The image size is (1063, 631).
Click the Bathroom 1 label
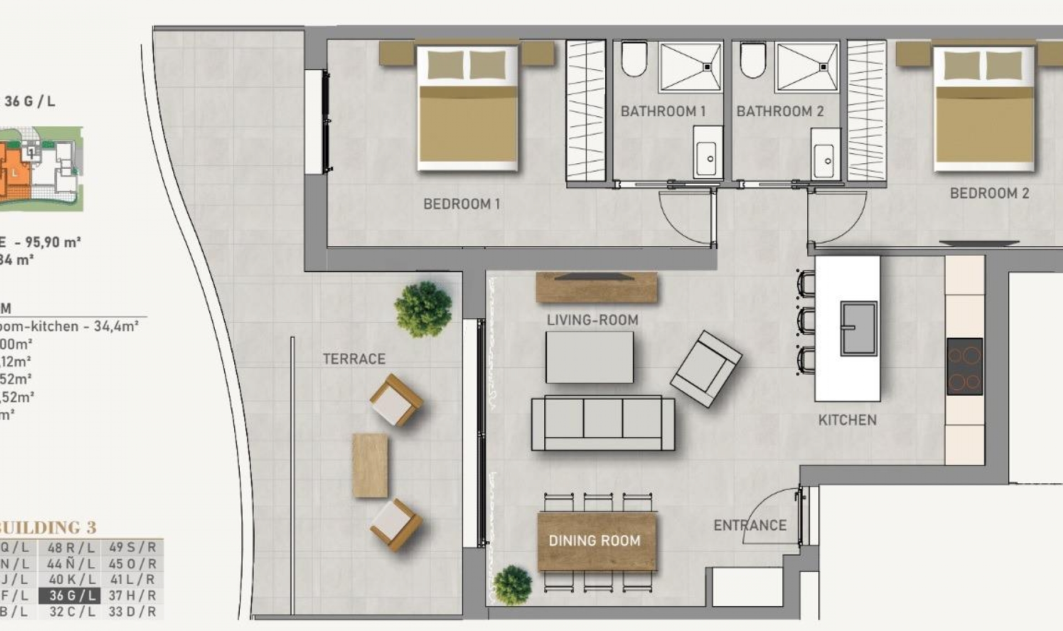coord(663,111)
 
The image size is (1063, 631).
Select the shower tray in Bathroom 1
coord(690,67)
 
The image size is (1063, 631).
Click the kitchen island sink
coord(858,328)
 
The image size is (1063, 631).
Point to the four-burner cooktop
coord(964,366)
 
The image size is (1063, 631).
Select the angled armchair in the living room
coord(705,369)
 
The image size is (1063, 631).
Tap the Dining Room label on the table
coord(594,541)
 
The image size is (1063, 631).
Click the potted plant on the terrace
coord(424,309)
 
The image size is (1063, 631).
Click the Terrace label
coord(354,359)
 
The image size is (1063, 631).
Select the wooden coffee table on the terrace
coord(370,465)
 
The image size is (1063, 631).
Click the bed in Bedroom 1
coord(468,108)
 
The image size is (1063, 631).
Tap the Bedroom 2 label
coord(989,193)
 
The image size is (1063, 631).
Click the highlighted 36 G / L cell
coord(70,596)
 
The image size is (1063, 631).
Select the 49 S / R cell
coord(132,547)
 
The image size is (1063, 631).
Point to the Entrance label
coord(750,525)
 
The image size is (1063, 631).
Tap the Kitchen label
coord(847,420)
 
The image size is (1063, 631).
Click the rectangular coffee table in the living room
coord(589,357)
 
